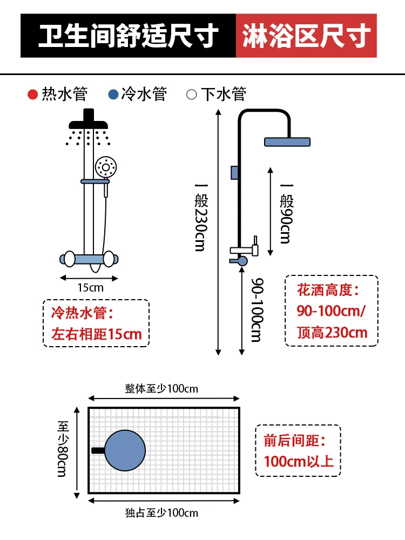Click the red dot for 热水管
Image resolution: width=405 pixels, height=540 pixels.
point(33,94)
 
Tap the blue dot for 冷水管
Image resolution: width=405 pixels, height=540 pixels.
point(113,94)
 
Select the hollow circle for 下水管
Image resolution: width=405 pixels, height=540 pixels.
point(192,94)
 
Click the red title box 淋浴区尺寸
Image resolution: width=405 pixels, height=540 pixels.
point(306,36)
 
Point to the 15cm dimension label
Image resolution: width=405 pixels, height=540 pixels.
point(90,288)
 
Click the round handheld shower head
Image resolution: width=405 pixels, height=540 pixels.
point(106,167)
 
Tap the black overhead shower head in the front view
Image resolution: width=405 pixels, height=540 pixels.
point(88,119)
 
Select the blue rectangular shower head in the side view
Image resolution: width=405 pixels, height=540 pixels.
point(287,142)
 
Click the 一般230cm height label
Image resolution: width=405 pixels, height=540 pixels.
point(201,218)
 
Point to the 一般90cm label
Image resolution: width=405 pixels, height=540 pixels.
point(286,214)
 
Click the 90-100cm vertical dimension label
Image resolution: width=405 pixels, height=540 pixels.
point(257,310)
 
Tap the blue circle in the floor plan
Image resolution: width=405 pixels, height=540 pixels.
point(125,450)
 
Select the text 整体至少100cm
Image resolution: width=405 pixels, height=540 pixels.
point(161,389)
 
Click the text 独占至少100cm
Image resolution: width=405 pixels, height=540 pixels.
point(161,513)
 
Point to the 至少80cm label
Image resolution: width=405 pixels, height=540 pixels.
point(63,449)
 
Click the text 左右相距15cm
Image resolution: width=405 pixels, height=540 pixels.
point(97,334)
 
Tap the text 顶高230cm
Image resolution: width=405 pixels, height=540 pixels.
point(332,333)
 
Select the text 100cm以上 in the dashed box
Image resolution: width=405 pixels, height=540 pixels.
point(299,462)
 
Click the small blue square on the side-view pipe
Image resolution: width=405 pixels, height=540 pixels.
point(235,173)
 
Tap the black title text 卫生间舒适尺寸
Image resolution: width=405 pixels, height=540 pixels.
point(129,36)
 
